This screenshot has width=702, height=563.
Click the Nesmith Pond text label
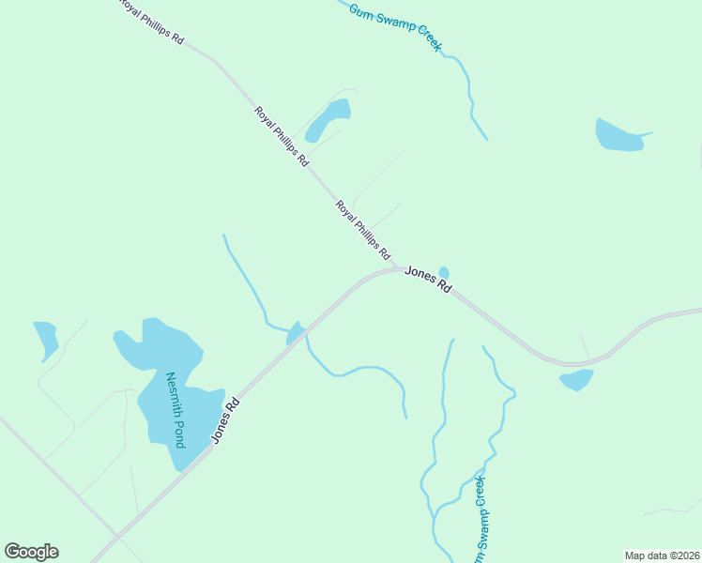point(175,409)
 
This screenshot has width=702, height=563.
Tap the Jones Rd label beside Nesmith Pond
point(225,420)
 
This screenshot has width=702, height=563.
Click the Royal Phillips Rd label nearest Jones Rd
point(363,230)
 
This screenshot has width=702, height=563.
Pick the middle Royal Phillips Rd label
point(282,136)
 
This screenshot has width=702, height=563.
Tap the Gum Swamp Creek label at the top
point(395,26)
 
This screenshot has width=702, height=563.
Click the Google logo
point(31,552)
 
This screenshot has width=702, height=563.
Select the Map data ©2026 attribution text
point(662,555)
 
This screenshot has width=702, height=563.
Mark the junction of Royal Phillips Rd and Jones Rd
point(400,268)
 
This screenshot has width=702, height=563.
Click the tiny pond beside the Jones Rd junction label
point(444,273)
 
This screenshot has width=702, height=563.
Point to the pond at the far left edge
point(46,339)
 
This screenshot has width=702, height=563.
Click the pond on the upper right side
point(618,136)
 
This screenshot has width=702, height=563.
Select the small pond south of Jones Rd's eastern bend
point(576,379)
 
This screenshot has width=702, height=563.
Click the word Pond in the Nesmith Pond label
point(177,431)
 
